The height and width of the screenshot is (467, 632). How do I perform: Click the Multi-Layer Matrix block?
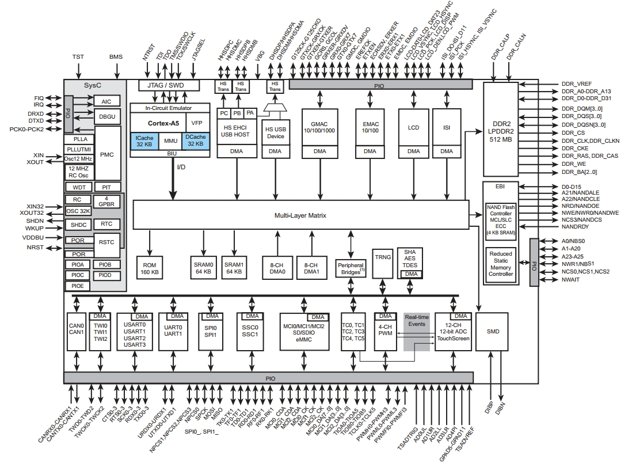[x=300, y=215]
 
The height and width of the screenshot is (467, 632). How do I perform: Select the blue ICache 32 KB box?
[x=143, y=141]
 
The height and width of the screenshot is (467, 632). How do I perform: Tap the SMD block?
[x=493, y=332]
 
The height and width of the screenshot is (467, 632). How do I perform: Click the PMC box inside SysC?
[x=108, y=154]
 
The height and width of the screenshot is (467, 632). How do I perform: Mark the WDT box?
[x=76, y=187]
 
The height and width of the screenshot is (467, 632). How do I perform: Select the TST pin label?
[x=78, y=57]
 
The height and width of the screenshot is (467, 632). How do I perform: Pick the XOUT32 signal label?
[x=31, y=213]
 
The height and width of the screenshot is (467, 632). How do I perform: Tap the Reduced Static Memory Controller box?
[x=500, y=264]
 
